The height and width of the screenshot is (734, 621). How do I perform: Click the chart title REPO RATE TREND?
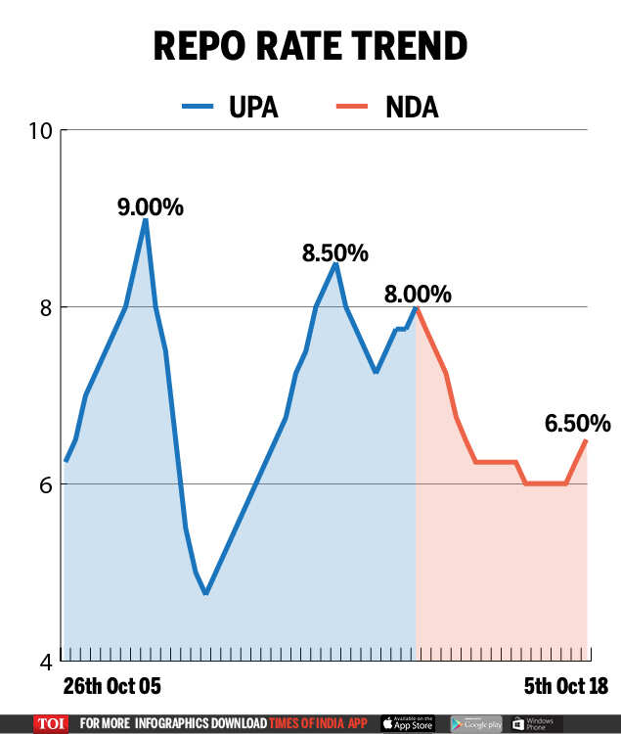[x=310, y=46]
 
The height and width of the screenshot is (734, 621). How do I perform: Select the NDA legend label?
[x=411, y=107]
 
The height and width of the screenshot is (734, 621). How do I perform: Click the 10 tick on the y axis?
[x=42, y=130]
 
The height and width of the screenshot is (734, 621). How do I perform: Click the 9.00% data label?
[x=151, y=207]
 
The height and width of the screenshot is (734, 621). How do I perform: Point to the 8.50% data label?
[x=335, y=252]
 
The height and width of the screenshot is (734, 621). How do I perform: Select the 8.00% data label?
[x=419, y=294]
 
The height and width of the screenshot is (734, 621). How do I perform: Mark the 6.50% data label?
[x=578, y=423]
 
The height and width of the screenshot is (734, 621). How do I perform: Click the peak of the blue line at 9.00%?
[x=146, y=219]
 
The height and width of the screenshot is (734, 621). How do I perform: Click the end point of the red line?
[x=586, y=440]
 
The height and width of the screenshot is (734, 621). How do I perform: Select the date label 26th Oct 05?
[x=111, y=685]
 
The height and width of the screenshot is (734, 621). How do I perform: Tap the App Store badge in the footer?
[x=409, y=723]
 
